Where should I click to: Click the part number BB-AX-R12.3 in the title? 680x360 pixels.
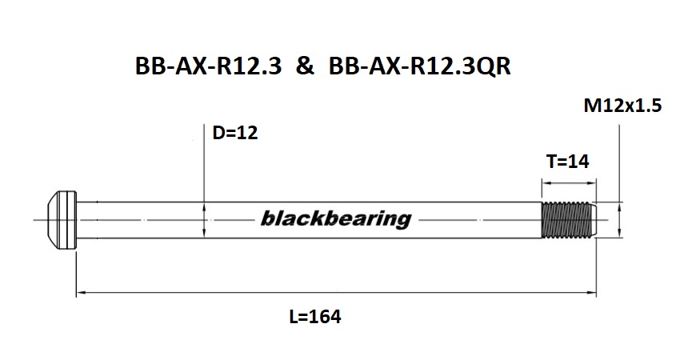pos(209,67)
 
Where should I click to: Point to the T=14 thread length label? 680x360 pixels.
pos(567,162)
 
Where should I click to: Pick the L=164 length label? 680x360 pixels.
pos(314,317)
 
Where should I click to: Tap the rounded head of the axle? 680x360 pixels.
pos(61,218)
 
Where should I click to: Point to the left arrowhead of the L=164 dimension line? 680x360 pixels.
pos(79,294)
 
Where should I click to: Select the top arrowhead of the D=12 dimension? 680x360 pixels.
pos(206,205)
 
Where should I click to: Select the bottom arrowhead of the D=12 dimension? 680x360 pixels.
pos(206,233)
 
